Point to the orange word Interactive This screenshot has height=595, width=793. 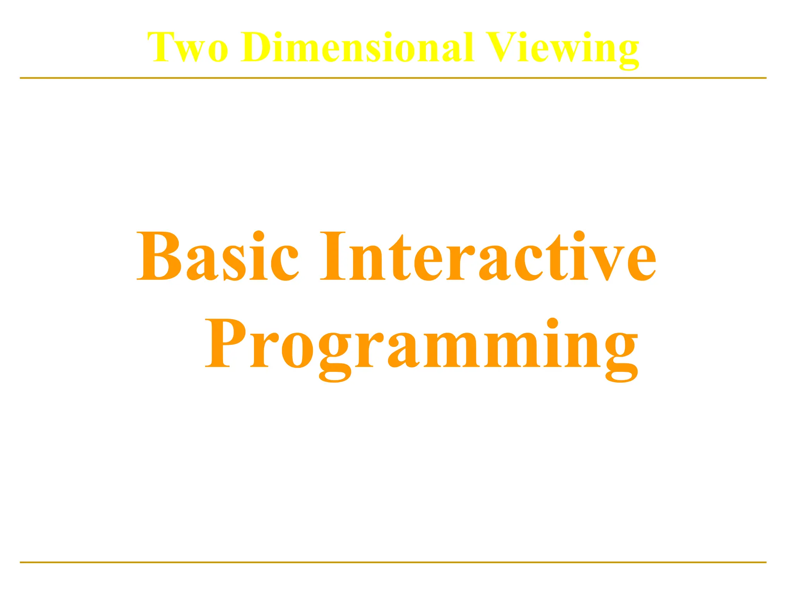click(x=488, y=256)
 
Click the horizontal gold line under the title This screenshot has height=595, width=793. click(x=393, y=78)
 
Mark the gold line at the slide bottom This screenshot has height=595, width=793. click(x=393, y=562)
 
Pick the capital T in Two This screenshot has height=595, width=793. click(x=161, y=47)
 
